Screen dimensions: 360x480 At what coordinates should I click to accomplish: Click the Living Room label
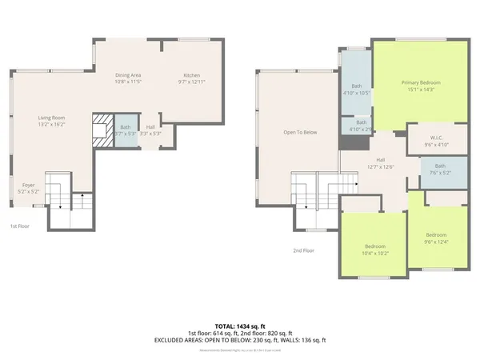click(x=51, y=118)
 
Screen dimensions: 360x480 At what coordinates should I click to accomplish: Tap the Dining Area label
click(x=127, y=74)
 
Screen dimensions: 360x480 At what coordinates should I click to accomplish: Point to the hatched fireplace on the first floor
click(x=101, y=129)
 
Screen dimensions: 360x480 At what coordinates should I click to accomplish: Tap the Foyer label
click(x=28, y=185)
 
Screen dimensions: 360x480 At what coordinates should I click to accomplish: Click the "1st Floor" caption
click(x=18, y=226)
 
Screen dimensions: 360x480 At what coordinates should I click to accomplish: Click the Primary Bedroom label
click(x=421, y=82)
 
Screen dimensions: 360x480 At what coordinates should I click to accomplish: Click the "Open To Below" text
click(x=301, y=132)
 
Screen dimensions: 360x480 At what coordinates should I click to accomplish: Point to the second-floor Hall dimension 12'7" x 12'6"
click(x=381, y=166)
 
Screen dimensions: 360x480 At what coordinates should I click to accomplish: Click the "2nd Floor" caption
click(x=303, y=250)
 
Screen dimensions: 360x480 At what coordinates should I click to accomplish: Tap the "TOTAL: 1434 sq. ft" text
click(x=240, y=326)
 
